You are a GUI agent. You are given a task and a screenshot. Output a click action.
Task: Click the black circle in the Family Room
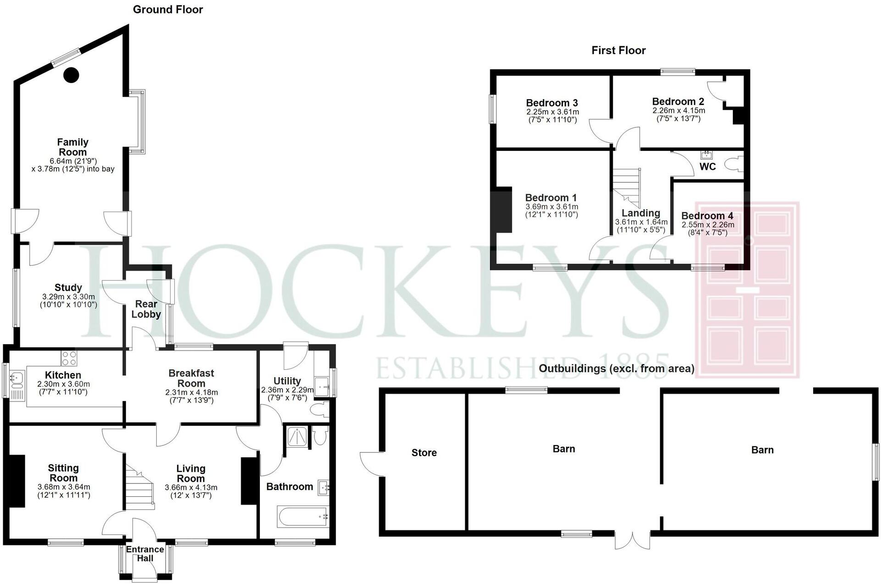pos(71,75)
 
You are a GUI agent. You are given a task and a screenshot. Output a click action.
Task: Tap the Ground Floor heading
pos(168,10)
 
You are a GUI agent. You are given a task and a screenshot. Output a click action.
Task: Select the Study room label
pos(68,288)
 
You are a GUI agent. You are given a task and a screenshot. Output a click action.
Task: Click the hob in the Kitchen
pos(69,358)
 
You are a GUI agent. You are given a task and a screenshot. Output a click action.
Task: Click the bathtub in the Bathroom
pos(303,516)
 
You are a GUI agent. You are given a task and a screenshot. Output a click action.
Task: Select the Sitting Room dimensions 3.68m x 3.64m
pos(64,487)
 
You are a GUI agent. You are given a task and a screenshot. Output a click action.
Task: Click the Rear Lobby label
pos(146,309)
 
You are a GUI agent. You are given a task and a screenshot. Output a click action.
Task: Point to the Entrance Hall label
pos(145,554)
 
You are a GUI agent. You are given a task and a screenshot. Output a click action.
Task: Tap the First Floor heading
pos(618,50)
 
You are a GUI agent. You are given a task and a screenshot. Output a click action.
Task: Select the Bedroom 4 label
pos(707,216)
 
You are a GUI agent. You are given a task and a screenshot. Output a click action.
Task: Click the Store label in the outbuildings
pos(424,453)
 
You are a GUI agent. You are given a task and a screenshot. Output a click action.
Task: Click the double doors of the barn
pos(633,540)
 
